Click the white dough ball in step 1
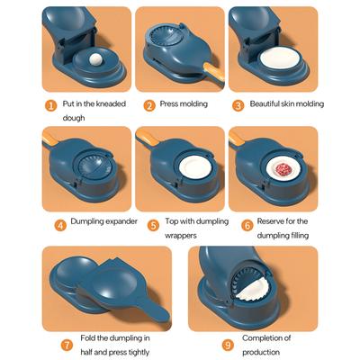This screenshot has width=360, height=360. point(95,58)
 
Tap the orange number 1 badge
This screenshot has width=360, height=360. point(51,105)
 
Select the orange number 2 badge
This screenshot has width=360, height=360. point(149,105)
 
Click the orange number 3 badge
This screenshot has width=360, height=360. point(238,105)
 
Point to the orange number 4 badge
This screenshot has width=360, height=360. point(60,225)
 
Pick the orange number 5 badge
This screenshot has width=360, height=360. point(153,225)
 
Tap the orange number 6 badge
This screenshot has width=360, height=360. point(247,225)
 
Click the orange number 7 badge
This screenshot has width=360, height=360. point(67,345)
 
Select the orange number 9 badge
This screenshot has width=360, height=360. point(228,345)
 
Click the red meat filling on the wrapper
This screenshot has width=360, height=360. point(283,169)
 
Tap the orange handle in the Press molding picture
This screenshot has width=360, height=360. point(214,72)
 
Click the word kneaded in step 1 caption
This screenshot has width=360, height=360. point(111,103)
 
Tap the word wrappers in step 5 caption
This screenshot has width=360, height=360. point(181,236)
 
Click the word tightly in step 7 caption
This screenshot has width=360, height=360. point(138,352)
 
